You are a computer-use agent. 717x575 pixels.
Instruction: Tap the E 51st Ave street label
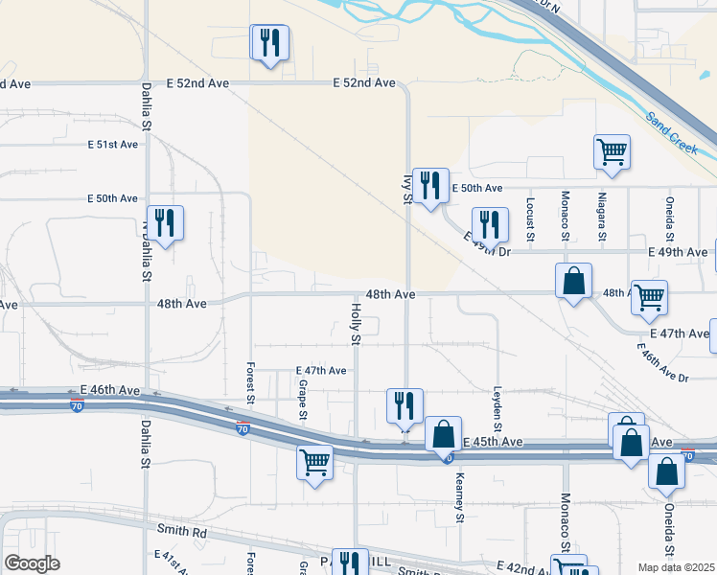tap(113, 145)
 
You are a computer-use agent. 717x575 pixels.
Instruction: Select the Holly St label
tap(355, 324)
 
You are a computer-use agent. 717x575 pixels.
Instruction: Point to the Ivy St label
tap(406, 188)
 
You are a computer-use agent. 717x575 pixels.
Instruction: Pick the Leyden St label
tap(497, 400)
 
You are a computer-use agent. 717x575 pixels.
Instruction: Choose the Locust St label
tap(530, 218)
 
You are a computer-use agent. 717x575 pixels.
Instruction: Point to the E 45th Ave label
tap(493, 442)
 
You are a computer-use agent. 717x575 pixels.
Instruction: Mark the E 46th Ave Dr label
tap(662, 364)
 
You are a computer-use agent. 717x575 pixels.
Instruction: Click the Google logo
tap(33, 563)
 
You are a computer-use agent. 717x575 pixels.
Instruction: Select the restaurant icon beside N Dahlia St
tap(165, 223)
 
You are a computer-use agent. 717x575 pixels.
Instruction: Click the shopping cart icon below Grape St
tap(314, 463)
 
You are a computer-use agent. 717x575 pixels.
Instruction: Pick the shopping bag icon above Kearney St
tap(444, 435)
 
